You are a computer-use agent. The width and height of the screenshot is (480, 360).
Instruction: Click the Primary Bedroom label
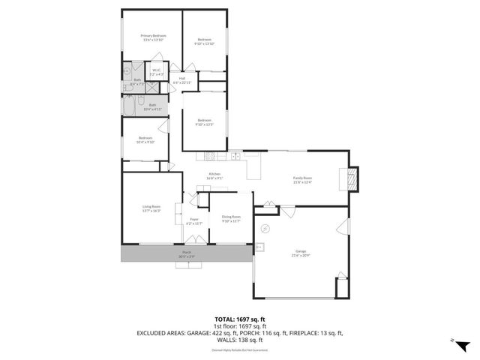click(153, 37)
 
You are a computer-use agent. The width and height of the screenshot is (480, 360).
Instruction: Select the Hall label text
click(182, 79)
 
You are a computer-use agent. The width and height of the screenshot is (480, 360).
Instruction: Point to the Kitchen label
click(214, 176)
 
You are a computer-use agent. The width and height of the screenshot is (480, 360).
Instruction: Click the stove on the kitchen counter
click(211, 156)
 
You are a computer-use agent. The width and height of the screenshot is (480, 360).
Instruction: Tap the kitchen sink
click(235, 156)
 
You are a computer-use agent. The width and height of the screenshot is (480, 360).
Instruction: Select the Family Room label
click(302, 179)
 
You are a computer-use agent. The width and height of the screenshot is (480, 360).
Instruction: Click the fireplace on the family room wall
click(351, 178)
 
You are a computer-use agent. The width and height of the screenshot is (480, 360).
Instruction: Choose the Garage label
click(299, 254)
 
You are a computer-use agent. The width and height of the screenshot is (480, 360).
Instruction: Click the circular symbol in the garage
click(265, 228)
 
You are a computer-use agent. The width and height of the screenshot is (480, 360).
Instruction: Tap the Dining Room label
click(231, 218)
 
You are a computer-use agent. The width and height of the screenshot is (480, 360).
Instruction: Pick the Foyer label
click(193, 221)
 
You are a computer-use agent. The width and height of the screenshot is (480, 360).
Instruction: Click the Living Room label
click(151, 208)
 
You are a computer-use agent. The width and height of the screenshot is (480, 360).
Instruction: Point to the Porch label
click(186, 254)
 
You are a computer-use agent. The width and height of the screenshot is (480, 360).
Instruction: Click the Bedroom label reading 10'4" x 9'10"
click(145, 139)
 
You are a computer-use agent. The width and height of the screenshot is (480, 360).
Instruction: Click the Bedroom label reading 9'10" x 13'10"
click(205, 41)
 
